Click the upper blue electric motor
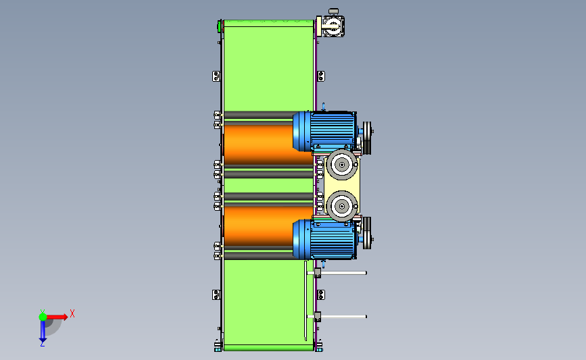[x=324, y=131]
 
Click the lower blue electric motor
[x=324, y=239]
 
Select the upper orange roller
[x=259, y=144]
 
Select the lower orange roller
[x=259, y=226]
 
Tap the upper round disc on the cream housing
[x=341, y=164]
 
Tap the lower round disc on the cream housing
[x=341, y=206]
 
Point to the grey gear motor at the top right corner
[x=331, y=24]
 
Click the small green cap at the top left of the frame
[x=219, y=26]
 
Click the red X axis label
[x=72, y=313]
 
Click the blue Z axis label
[x=42, y=344]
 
